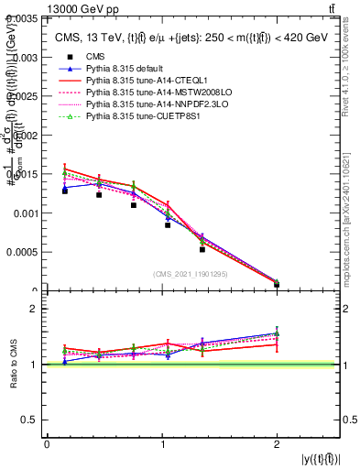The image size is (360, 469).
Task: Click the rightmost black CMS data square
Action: pos(277,284)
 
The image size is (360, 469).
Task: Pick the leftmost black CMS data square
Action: pos(64,191)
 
